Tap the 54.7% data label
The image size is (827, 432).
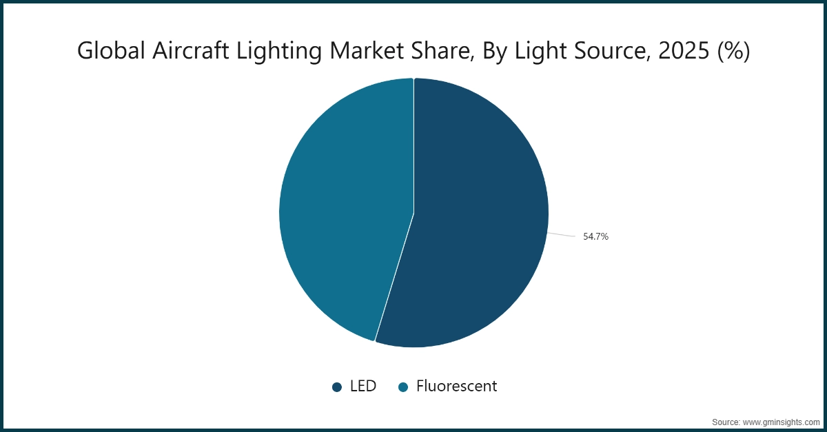click(x=595, y=236)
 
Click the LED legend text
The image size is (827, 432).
click(x=363, y=386)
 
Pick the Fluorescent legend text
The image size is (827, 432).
click(x=456, y=386)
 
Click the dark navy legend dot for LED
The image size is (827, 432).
click(x=337, y=387)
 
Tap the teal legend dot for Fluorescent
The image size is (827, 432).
click(x=404, y=387)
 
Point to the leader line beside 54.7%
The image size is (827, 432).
click(x=561, y=235)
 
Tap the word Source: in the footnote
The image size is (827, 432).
click(x=726, y=422)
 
